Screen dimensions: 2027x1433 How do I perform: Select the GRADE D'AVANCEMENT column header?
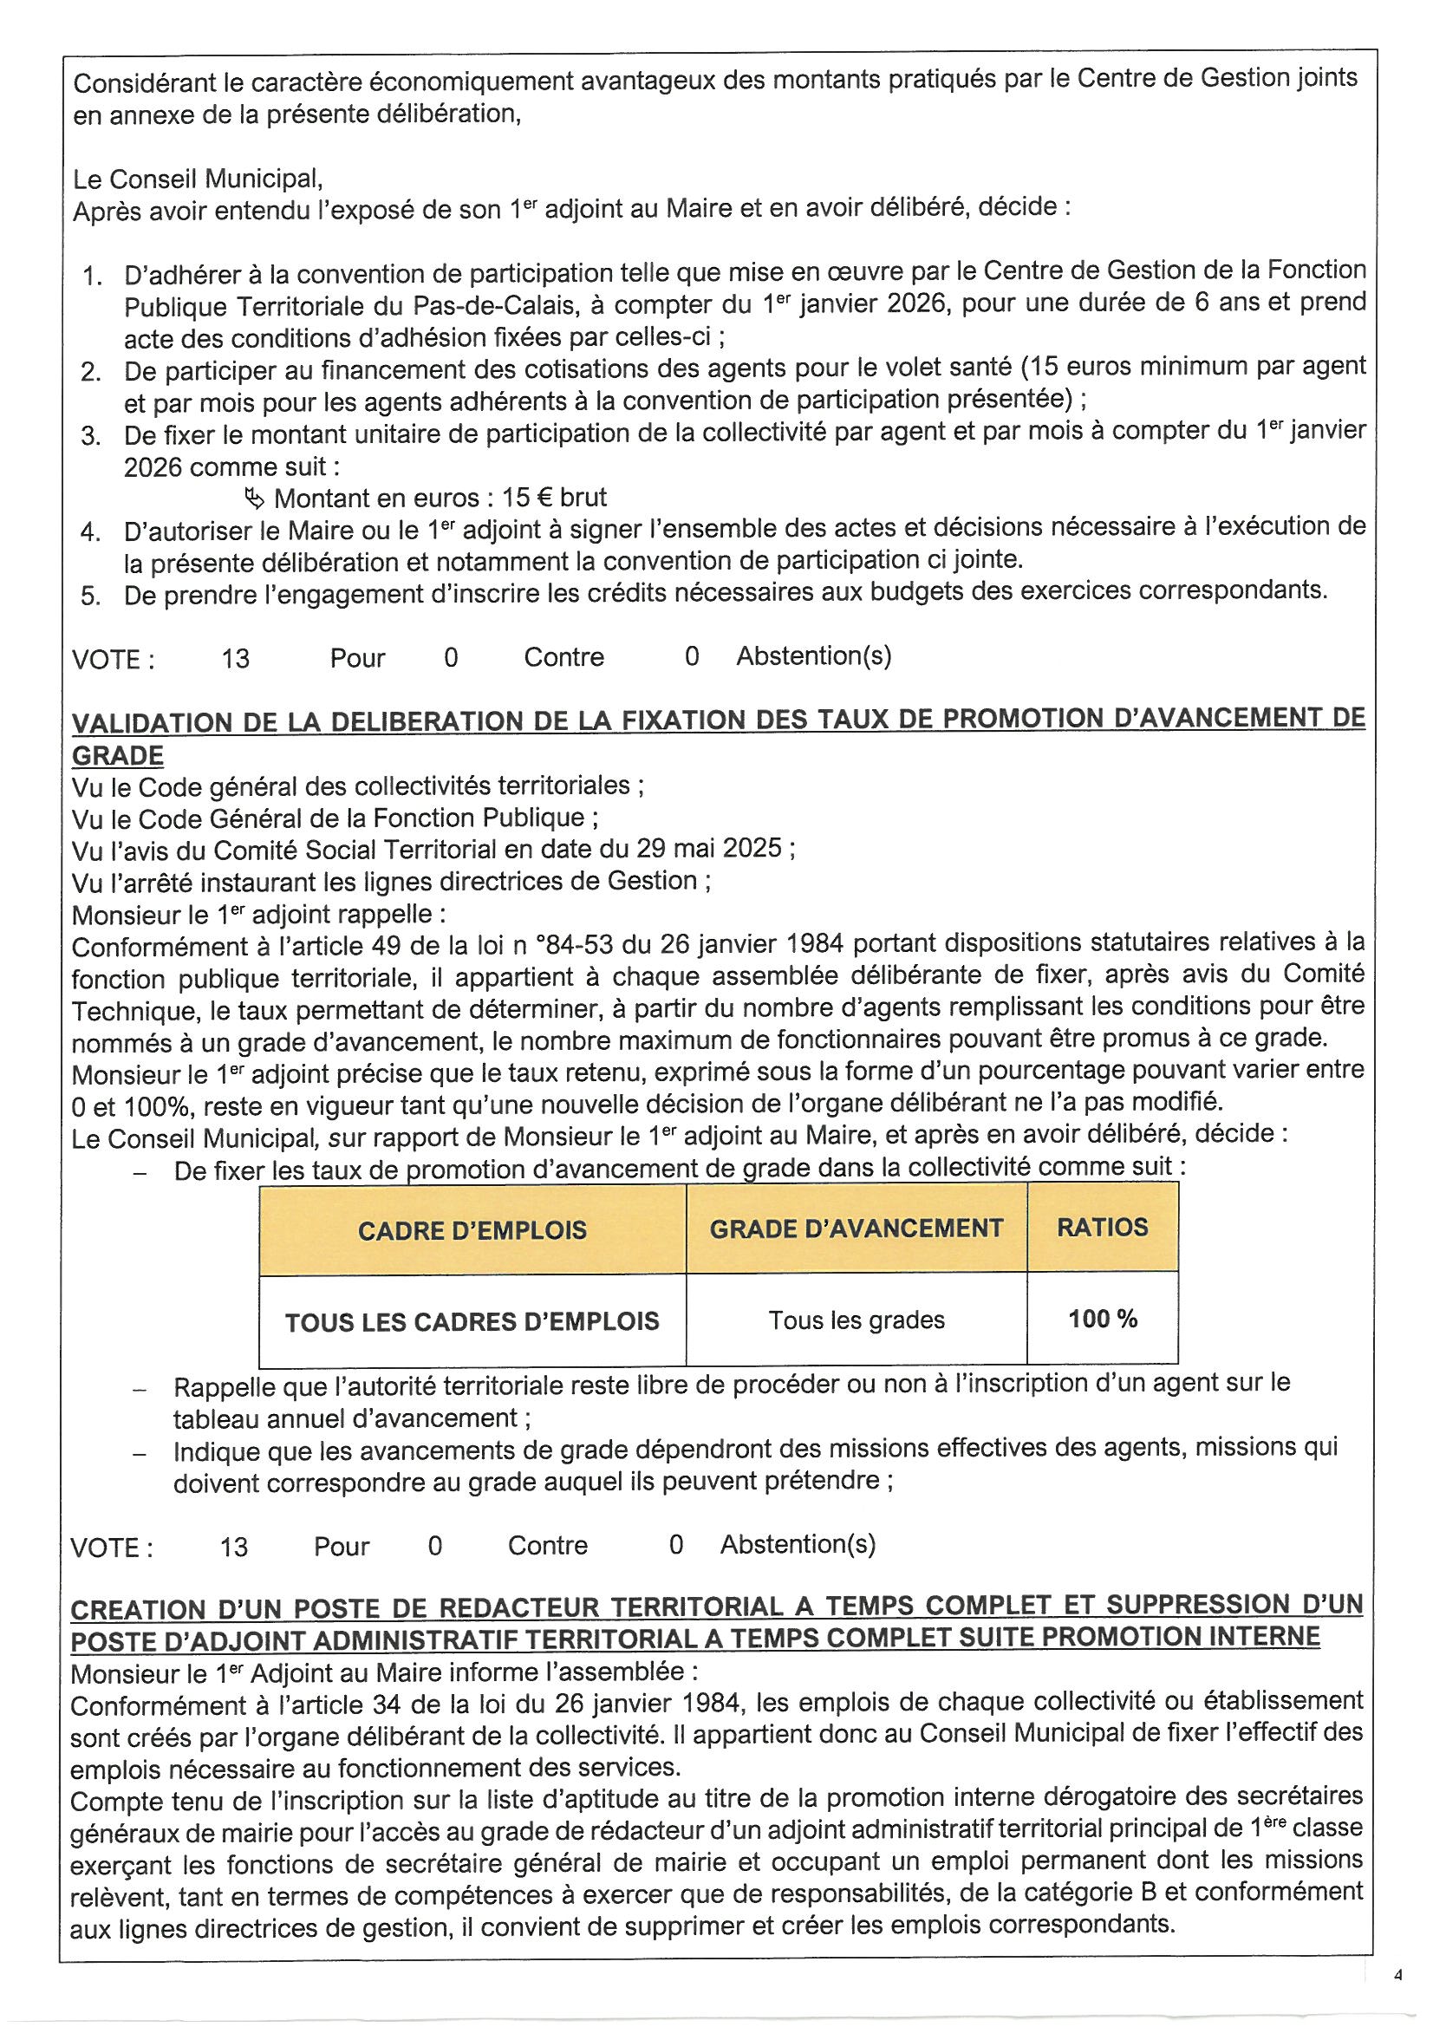point(856,1228)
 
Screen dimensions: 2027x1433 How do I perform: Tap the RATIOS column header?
point(1102,1226)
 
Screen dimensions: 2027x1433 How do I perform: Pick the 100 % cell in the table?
point(1102,1319)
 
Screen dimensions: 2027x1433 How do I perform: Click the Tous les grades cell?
point(856,1320)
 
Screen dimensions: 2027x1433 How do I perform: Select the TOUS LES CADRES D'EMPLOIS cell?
point(472,1321)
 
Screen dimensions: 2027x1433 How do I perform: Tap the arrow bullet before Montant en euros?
point(254,499)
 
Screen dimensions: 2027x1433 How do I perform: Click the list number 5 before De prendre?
point(90,596)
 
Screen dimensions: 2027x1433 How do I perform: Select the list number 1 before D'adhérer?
point(92,277)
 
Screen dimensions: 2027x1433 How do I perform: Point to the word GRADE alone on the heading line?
point(117,756)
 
